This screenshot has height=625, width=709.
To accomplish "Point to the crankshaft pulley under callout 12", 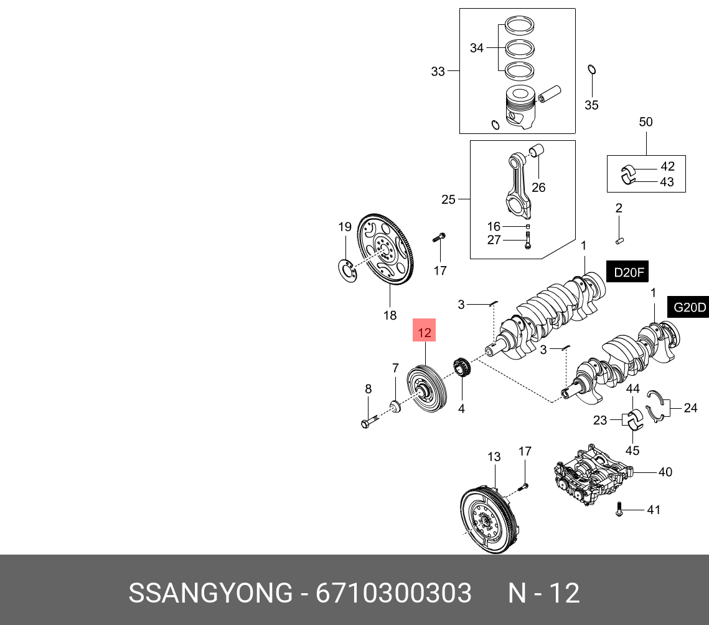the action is click(x=423, y=390).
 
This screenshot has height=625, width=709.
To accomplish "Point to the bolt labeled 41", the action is click(x=619, y=509).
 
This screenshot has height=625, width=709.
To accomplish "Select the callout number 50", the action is click(x=646, y=122).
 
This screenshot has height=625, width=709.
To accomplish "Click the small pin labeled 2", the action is click(x=620, y=237).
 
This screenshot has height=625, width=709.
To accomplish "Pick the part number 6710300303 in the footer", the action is click(x=393, y=593).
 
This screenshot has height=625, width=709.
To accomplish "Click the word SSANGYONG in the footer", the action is click(x=210, y=593).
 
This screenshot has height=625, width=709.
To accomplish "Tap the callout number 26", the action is click(x=538, y=187).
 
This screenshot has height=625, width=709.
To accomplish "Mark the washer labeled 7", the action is click(x=394, y=407).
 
